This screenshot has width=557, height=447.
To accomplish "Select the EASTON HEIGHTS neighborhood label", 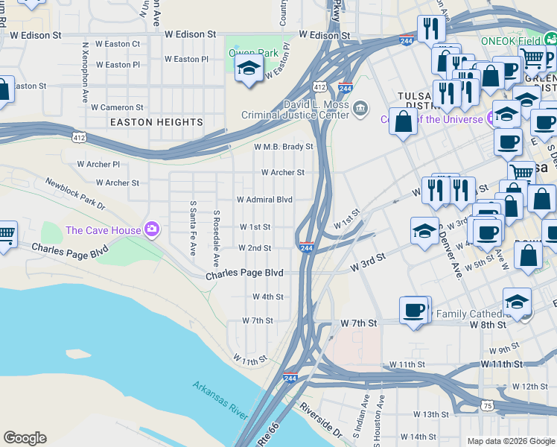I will (156, 122).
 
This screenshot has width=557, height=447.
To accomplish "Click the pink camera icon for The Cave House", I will (152, 229).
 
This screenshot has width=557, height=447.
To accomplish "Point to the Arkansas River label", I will (220, 400).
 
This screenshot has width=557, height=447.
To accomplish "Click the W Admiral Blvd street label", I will (264, 200).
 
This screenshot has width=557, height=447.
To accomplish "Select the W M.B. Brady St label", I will (283, 147).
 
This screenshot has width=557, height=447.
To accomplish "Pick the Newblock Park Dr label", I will (75, 193).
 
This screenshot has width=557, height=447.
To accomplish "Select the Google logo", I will (25, 438).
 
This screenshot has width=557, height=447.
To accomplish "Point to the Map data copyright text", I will (511, 441).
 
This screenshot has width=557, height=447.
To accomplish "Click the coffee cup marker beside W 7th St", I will (413, 311).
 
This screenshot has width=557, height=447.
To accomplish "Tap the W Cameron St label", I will (117, 107).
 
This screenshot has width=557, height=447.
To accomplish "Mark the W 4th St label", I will (268, 297).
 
